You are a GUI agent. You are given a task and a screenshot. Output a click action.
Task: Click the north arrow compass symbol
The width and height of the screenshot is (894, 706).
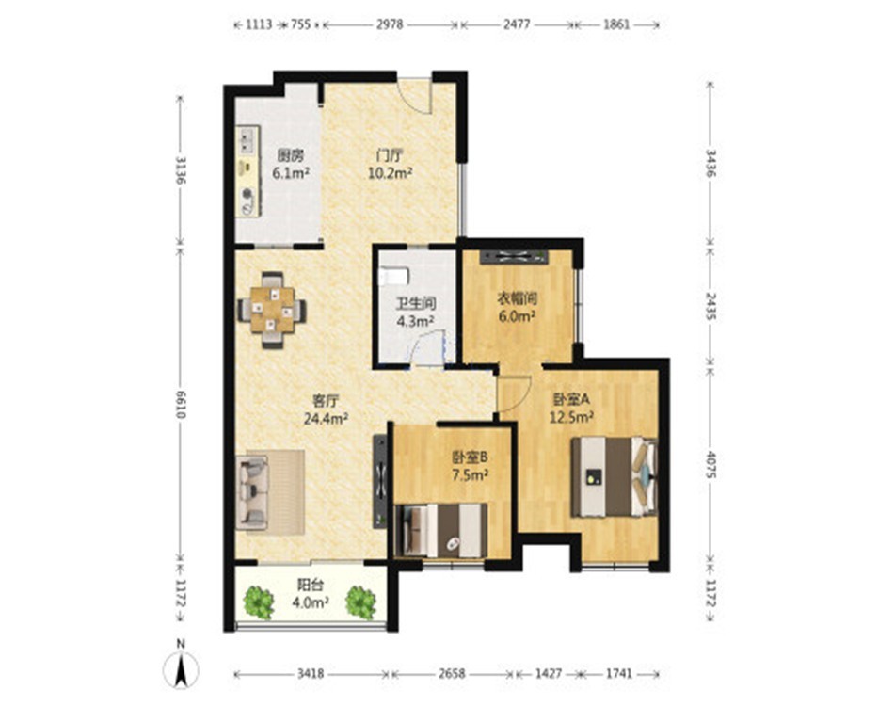[181, 668]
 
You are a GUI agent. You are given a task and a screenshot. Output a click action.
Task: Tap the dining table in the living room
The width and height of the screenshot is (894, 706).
[272, 310]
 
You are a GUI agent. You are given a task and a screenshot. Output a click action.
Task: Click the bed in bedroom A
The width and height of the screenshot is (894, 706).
[615, 476]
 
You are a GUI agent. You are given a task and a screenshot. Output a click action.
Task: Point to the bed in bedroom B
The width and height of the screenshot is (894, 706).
[441, 530]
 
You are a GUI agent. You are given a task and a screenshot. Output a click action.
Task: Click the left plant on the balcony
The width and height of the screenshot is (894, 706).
[260, 602]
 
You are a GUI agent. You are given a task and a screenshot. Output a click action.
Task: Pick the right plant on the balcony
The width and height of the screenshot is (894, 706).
[361, 602]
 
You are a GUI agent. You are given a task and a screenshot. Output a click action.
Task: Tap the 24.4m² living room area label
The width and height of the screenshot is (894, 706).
[327, 420]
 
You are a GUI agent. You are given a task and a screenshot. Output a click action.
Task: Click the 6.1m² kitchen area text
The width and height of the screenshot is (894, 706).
[291, 173]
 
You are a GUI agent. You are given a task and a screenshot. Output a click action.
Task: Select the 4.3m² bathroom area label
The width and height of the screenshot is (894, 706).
[416, 322]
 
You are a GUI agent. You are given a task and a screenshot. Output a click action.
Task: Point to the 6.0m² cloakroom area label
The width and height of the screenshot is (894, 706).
[518, 316]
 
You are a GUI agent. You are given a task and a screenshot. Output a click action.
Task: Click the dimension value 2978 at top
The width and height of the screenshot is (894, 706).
[390, 24]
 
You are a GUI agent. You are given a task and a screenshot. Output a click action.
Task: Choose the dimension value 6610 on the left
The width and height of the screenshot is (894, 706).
[181, 405]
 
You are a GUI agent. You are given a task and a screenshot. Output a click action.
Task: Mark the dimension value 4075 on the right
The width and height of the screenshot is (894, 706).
[710, 465]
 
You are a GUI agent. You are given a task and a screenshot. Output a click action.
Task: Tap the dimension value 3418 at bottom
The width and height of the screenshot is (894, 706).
[311, 674]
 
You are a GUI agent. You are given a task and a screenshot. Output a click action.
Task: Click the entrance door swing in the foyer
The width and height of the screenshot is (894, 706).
[414, 96]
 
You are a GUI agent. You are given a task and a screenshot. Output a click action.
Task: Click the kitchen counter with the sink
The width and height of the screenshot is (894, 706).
[248, 171]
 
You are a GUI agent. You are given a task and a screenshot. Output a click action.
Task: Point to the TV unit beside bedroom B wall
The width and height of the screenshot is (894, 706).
[380, 482]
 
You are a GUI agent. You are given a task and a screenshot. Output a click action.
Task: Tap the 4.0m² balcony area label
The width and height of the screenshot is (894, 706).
[311, 602]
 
